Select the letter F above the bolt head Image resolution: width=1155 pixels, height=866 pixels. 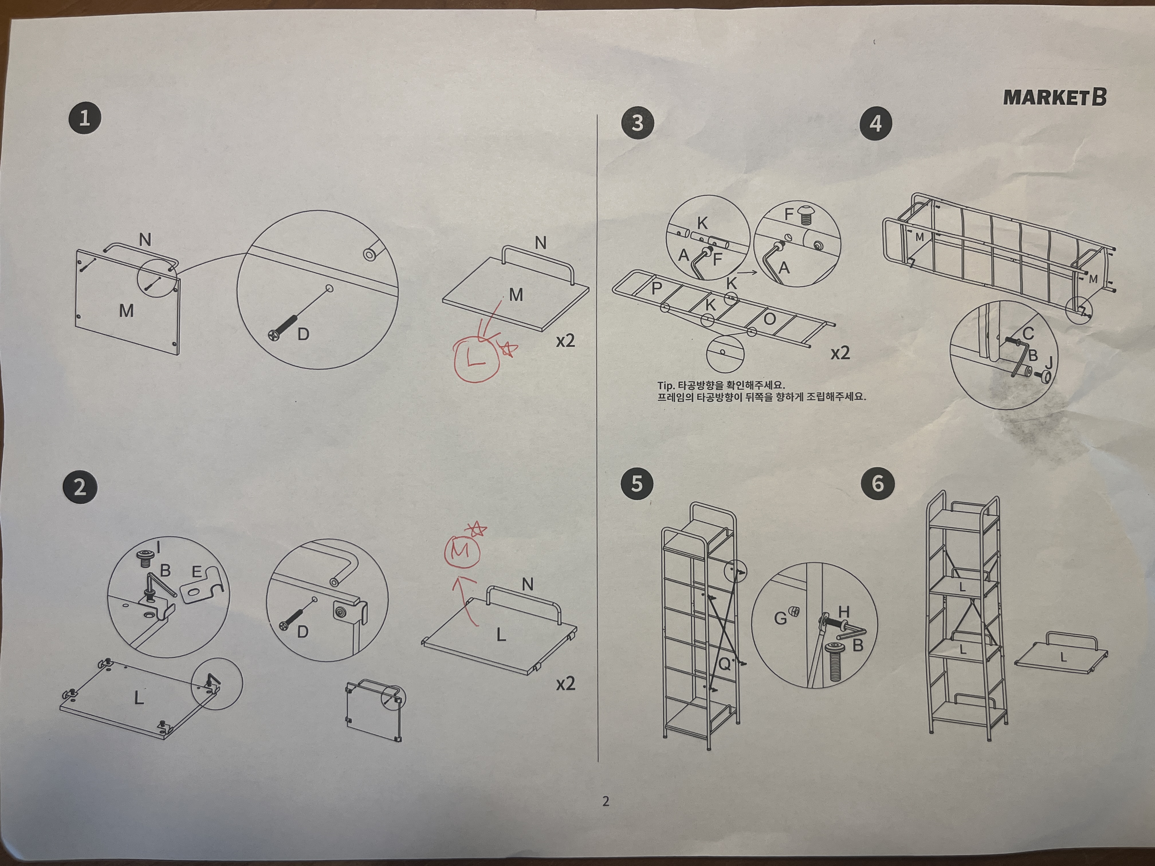(789, 214)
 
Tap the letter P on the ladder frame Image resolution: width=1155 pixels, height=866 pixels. (657, 288)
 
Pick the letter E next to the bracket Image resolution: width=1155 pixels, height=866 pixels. (196, 572)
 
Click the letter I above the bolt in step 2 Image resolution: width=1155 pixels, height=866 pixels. (158, 548)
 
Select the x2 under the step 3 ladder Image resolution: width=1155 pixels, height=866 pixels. (840, 353)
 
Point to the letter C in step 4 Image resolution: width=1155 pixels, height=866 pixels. (1028, 334)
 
